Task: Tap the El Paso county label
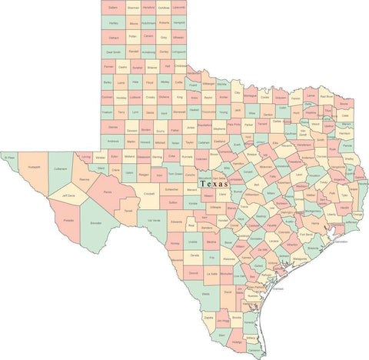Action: [9, 158]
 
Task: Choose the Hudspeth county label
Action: [33, 165]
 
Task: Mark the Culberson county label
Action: [61, 166]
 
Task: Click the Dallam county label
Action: [113, 8]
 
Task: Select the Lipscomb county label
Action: [178, 8]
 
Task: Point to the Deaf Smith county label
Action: [113, 52]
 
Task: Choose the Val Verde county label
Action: [154, 222]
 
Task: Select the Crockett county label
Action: [150, 194]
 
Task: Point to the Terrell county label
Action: [128, 211]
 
